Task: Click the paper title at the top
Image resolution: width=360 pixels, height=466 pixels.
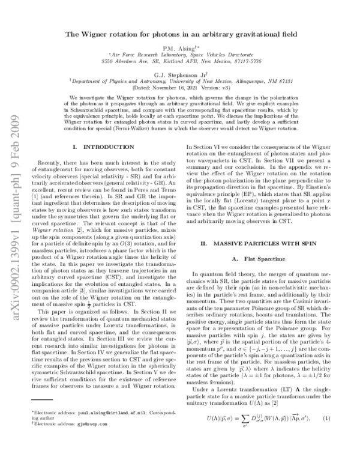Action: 179,35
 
